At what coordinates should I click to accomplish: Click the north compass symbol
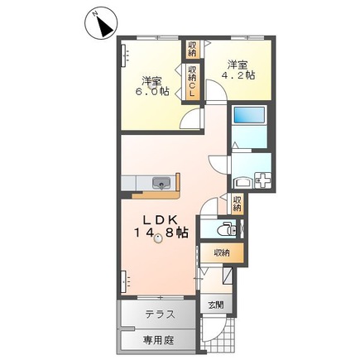coord(101,24)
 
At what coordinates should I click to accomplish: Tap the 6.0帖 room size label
coord(152,91)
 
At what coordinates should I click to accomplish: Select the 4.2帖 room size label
coord(238,75)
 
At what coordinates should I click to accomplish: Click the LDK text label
coord(160,220)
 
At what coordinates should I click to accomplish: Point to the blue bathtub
coord(250,114)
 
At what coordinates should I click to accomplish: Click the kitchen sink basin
coord(161,183)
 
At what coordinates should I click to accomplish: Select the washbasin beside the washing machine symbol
coord(243,183)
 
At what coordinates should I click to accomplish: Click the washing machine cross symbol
coord(263,180)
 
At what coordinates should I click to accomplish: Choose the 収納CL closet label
coord(192,81)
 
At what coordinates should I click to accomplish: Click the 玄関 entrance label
coord(216,305)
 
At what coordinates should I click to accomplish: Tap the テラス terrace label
coord(161,314)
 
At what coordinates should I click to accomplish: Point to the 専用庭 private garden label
coord(158,340)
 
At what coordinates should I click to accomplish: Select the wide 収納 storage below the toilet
coord(222,253)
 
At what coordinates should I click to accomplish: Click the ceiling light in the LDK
coord(158,238)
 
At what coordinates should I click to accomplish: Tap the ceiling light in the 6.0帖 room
coord(151,85)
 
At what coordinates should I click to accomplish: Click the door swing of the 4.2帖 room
coord(216,90)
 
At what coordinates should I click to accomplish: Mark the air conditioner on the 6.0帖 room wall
coord(124,55)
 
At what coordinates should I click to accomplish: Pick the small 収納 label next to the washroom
coord(237,204)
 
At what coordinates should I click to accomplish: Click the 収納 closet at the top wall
coord(192,50)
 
